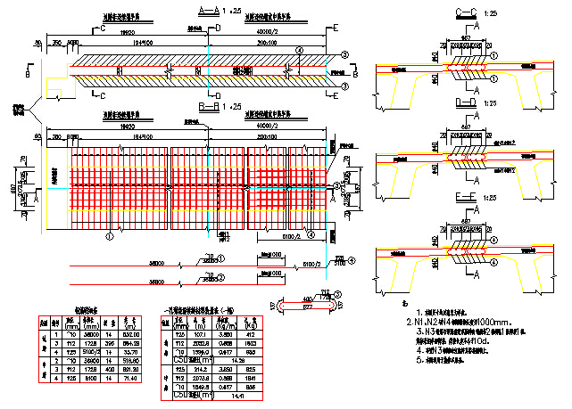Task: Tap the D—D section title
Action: (466, 103)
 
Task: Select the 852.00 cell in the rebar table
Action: (128, 333)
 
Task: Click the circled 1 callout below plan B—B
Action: (110, 237)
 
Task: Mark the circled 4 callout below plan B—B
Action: (310, 236)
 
